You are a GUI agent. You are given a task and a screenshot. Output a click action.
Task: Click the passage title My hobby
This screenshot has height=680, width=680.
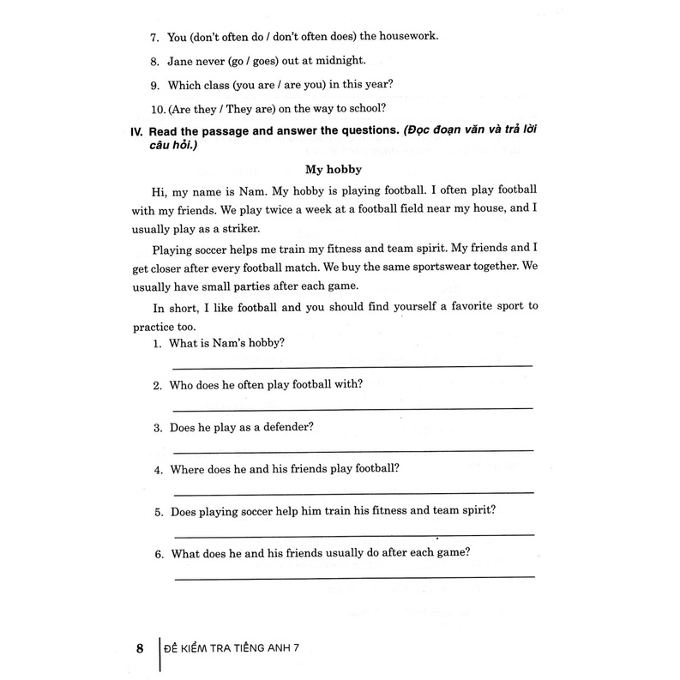pyautogui.click(x=339, y=170)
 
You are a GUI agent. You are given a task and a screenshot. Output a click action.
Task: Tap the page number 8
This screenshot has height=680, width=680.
pyautogui.click(x=141, y=647)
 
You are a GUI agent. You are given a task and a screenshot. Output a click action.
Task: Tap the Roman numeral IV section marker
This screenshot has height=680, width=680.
pyautogui.click(x=137, y=131)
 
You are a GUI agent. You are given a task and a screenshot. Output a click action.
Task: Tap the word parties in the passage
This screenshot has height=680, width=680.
pyautogui.click(x=268, y=286)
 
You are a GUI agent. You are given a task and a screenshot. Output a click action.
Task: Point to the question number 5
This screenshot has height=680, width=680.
pyautogui.click(x=158, y=513)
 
